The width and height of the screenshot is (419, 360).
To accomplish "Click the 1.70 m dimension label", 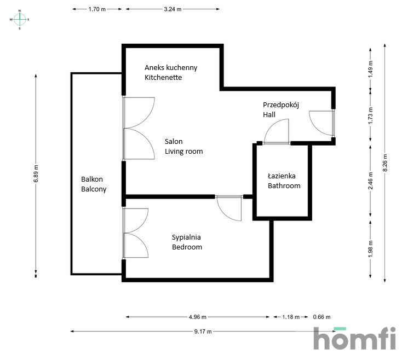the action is [x=97, y=9].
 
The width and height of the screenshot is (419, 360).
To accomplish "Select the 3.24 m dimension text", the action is [x=173, y=9].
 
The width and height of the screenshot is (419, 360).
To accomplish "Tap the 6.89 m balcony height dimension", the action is [x=36, y=174].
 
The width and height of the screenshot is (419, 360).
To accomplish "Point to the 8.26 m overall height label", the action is [x=385, y=163].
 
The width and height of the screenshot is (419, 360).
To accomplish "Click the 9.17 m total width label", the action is [x=203, y=332].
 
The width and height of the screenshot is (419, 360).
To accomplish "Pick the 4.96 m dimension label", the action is [x=198, y=317].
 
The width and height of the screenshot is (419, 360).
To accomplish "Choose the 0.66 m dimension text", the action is [x=322, y=317].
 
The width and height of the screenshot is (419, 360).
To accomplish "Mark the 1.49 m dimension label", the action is [x=370, y=69].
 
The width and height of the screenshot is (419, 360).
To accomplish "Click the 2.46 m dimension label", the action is [x=370, y=181].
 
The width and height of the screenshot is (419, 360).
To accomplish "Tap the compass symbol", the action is [x=20, y=20].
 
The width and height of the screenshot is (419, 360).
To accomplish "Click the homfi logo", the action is [x=354, y=338].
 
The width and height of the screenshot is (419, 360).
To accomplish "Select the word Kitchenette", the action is [x=163, y=77].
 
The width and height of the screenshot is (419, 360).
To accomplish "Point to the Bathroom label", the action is [x=284, y=185].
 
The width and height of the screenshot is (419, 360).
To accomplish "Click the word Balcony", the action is [x=94, y=189].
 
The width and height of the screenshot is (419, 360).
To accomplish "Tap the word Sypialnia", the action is [x=186, y=237].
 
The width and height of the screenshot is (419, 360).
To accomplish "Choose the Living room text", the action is [x=184, y=152].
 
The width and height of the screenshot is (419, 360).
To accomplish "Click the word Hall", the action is [x=269, y=115].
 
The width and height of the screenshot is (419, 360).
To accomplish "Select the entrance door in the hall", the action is [x=322, y=123].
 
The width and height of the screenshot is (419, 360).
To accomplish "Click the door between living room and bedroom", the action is [x=229, y=208].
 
